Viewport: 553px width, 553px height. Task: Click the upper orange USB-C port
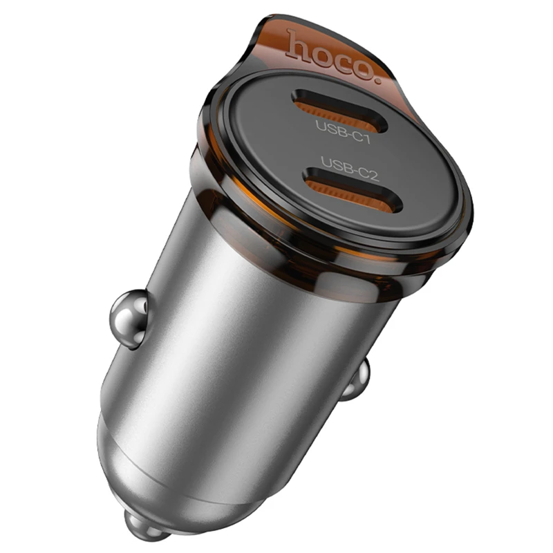coord(339,109)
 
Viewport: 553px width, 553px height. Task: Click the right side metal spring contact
coord(357,382)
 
